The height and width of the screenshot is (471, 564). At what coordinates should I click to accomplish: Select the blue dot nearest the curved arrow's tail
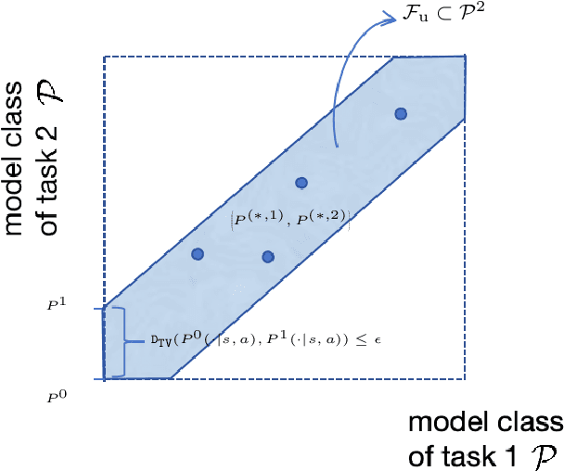pyautogui.click(x=401, y=113)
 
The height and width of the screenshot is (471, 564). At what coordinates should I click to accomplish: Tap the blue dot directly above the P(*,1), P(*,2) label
pyautogui.click(x=301, y=183)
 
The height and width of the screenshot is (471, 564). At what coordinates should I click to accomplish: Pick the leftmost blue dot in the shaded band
pyautogui.click(x=197, y=253)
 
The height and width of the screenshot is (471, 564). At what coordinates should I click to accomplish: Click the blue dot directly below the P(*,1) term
pyautogui.click(x=268, y=256)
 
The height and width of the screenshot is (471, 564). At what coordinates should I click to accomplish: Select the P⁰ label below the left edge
pyautogui.click(x=56, y=396)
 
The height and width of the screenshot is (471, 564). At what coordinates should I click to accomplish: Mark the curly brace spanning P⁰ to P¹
pyautogui.click(x=115, y=342)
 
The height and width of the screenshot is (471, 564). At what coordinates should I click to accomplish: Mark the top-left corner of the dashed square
pyautogui.click(x=103, y=57)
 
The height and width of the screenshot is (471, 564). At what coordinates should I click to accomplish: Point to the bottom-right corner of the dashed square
pyautogui.click(x=464, y=379)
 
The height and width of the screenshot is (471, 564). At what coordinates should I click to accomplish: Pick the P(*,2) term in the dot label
pyautogui.click(x=321, y=219)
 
